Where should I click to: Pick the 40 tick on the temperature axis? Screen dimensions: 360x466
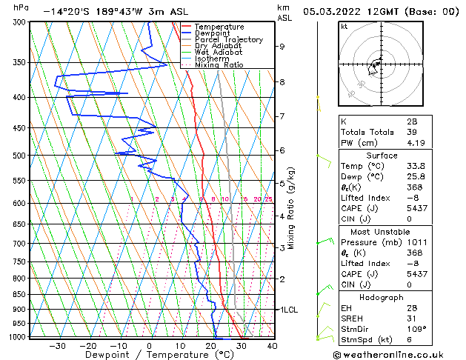coord(272,345)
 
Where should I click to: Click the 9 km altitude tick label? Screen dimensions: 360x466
coord(282,47)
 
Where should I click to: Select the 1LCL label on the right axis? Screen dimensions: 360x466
coord(287,310)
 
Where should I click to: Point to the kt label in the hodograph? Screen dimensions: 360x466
coord(344,26)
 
